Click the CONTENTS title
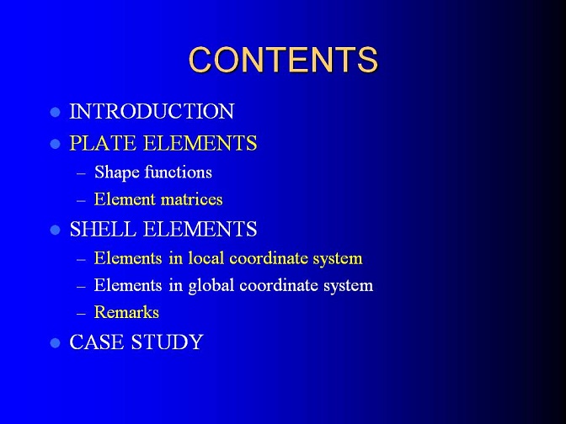click(x=283, y=60)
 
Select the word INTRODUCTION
click(x=152, y=111)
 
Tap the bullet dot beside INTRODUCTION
click(x=56, y=112)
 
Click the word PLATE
click(x=104, y=143)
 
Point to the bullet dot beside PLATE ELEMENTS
click(x=56, y=144)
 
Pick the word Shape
click(x=116, y=172)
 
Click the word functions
click(x=179, y=172)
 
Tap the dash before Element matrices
click(x=81, y=201)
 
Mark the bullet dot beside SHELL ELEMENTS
click(x=56, y=230)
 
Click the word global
click(x=211, y=285)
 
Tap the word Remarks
click(x=126, y=312)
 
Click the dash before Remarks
click(x=81, y=314)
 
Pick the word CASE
click(x=97, y=342)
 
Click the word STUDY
click(x=167, y=342)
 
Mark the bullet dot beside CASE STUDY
click(x=56, y=343)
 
